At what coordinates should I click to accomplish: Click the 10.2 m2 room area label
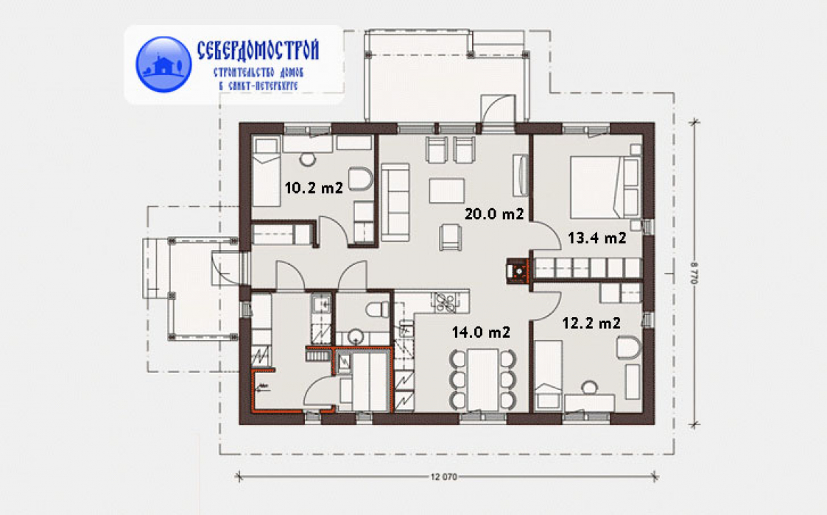pyautogui.click(x=314, y=187)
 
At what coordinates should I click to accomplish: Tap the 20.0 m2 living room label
pyautogui.click(x=494, y=213)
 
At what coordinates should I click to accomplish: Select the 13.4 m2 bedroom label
pyautogui.click(x=597, y=238)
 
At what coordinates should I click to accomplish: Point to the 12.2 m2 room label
pyautogui.click(x=591, y=322)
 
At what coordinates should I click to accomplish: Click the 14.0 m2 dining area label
pyautogui.click(x=481, y=332)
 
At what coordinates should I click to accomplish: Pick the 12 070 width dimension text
pyautogui.click(x=443, y=477)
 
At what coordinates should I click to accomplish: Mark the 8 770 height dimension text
pyautogui.click(x=694, y=273)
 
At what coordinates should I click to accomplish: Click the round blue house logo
pyautogui.click(x=163, y=64)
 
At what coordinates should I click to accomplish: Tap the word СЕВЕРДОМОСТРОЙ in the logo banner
pyautogui.click(x=258, y=51)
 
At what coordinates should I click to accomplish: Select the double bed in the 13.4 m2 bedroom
pyautogui.click(x=605, y=187)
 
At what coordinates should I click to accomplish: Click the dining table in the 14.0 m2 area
pyautogui.click(x=483, y=379)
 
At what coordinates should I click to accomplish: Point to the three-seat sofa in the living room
pyautogui.click(x=395, y=202)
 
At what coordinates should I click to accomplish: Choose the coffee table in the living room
pyautogui.click(x=447, y=191)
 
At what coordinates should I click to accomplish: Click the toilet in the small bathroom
pyautogui.click(x=377, y=309)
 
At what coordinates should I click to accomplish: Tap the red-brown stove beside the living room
pyautogui.click(x=518, y=271)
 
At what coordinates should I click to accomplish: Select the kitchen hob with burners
pyautogui.click(x=446, y=302)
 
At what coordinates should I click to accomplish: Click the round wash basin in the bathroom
pyautogui.click(x=356, y=336)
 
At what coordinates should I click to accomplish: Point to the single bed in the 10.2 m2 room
pyautogui.click(x=266, y=172)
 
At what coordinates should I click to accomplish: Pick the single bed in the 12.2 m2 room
pyautogui.click(x=549, y=375)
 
